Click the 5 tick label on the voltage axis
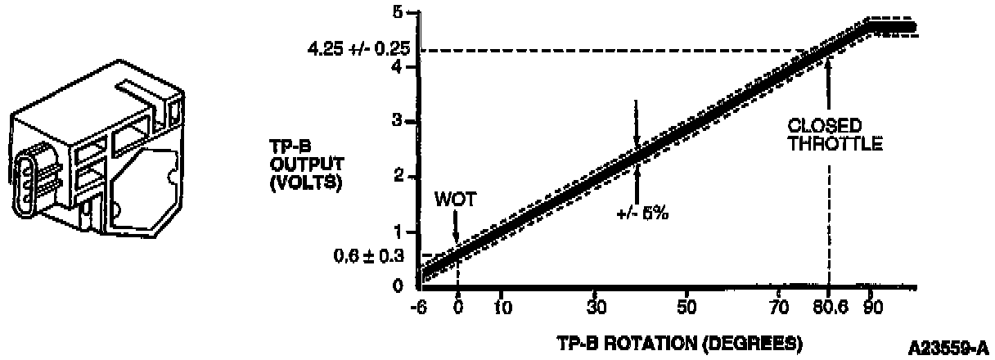pyautogui.click(x=398, y=12)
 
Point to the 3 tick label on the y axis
pyautogui.click(x=398, y=121)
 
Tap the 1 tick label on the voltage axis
pyautogui.click(x=398, y=231)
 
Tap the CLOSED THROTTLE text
pyautogui.click(x=835, y=136)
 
